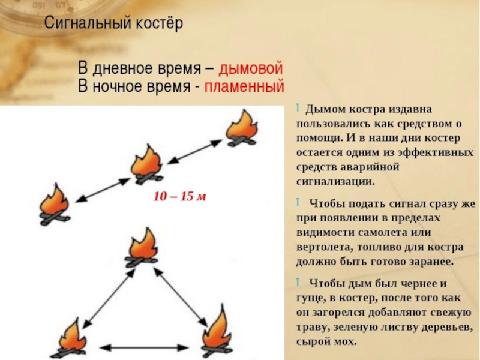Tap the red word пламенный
click(x=244, y=86)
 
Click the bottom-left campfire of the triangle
click(x=71, y=338)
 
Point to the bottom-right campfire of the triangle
click(x=217, y=331)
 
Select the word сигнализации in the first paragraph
click(x=335, y=180)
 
